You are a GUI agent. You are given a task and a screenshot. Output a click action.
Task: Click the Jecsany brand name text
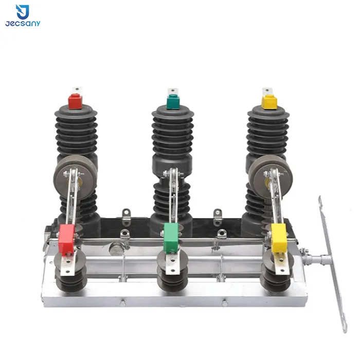(23, 23)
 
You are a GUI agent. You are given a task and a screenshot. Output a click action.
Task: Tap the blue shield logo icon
(23, 12)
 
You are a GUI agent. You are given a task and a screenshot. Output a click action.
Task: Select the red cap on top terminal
(75, 101)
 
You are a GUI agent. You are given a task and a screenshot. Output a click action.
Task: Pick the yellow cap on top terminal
(269, 102)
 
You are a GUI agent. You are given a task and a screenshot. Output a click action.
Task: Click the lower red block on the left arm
(66, 239)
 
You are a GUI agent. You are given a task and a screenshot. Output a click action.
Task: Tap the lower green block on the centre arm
(171, 237)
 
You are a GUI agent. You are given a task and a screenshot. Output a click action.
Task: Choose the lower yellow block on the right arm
(279, 238)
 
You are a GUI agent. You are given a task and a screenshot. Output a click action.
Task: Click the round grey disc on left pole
(75, 174)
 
